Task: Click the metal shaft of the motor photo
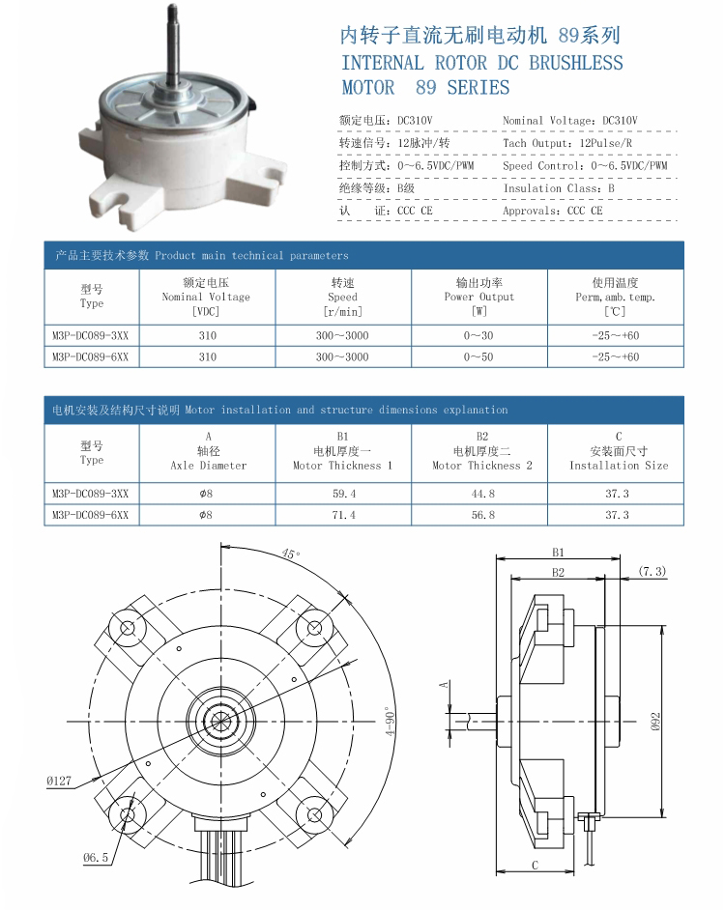173,47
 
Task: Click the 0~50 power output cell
478,356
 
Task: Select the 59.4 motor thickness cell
344,494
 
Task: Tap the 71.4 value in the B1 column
344,515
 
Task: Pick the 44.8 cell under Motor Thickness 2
482,494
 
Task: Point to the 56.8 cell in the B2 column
482,515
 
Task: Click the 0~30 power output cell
478,335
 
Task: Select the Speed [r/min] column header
343,298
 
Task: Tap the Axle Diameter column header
209,451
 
